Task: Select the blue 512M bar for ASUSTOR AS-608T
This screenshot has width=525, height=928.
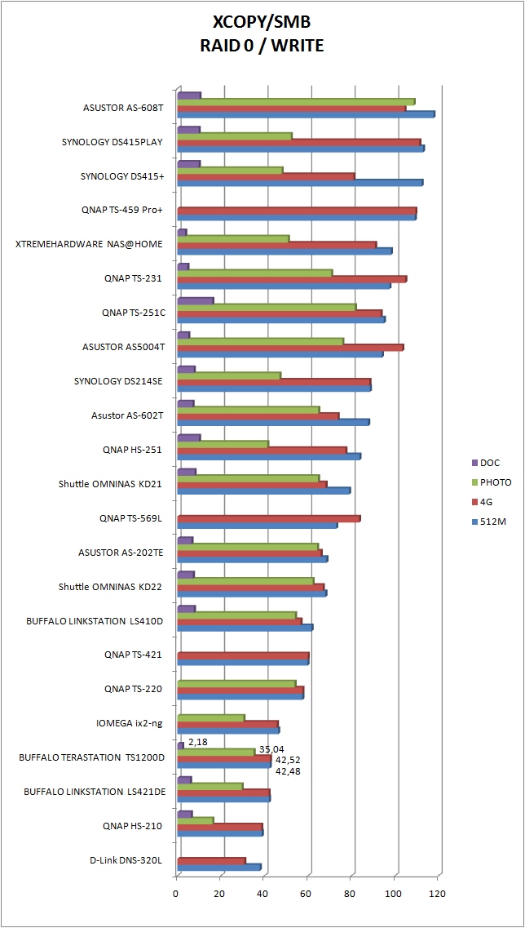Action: (x=306, y=115)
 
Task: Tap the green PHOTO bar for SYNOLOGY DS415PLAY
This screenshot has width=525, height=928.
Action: (x=234, y=136)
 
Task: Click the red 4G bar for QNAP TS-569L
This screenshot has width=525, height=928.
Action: (x=268, y=519)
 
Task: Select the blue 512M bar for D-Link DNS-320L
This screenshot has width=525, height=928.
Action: (x=218, y=868)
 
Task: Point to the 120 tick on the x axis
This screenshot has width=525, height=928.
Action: (x=439, y=893)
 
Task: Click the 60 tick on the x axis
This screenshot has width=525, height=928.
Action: (x=307, y=893)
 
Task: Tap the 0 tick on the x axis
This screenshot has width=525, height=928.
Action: (x=176, y=893)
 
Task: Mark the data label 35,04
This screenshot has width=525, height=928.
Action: (x=271, y=749)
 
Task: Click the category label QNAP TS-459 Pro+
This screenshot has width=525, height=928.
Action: (x=122, y=210)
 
